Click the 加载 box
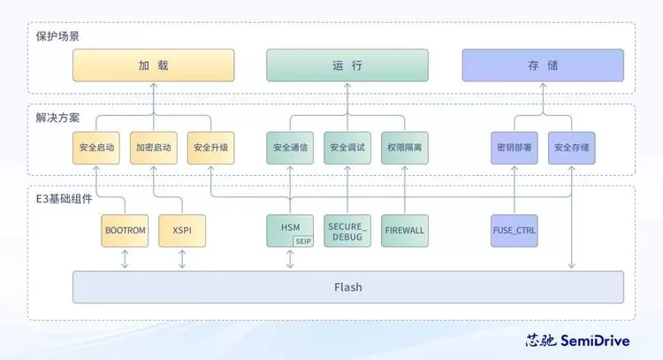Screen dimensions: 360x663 154,65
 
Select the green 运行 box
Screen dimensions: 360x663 347,65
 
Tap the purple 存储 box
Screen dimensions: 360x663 543,65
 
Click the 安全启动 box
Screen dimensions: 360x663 96,148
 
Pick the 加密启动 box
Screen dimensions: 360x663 154,148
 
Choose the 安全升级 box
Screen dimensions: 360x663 210,148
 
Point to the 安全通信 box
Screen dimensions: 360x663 290,148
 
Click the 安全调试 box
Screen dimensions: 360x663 347,148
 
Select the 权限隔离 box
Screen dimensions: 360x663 404,148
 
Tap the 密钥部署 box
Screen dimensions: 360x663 514,148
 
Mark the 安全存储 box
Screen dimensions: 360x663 571,148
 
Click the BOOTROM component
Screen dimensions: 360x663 125,230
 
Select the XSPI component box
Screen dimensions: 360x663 182,230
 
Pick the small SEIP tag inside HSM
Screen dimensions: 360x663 303,241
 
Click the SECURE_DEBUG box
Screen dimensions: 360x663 347,230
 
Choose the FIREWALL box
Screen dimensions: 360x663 404,230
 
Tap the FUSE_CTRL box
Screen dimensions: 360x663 514,230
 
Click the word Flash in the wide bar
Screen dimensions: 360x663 347,287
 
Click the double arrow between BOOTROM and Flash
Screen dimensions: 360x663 125,259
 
